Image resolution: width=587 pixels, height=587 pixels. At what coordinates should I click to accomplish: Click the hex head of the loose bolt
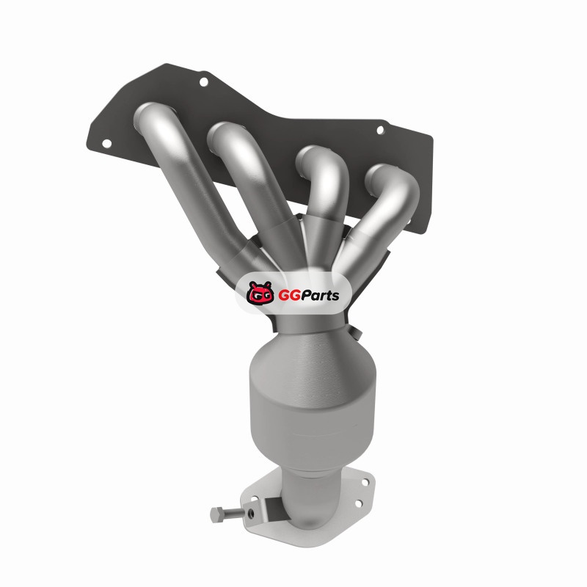pos(216,514)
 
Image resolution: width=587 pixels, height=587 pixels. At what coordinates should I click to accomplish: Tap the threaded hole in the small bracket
pos(251,513)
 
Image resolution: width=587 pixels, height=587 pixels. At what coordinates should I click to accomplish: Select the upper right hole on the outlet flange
pos(365,482)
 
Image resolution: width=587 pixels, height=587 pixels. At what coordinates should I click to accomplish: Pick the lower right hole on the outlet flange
pos(358,503)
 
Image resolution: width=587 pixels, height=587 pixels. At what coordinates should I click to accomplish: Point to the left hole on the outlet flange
pos(254,499)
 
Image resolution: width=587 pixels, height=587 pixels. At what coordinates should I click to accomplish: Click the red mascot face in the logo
pos(260,293)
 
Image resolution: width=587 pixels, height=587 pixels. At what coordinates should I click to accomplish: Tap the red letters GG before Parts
pos(288,296)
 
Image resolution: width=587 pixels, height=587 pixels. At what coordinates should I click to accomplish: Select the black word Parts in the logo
pos(320,296)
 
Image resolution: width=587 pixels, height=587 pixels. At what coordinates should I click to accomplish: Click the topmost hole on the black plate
pos(204,81)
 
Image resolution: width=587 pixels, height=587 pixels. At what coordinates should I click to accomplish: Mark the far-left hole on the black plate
pos(106,143)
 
